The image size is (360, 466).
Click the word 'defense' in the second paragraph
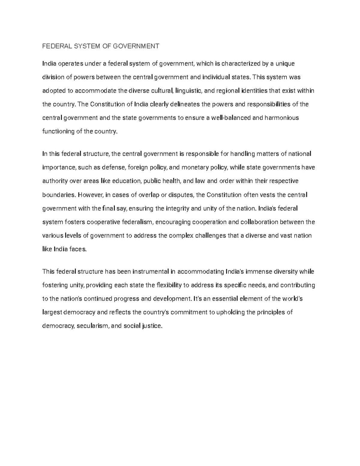click(114, 167)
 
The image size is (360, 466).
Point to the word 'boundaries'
click(58, 195)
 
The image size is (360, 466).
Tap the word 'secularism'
click(93, 326)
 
